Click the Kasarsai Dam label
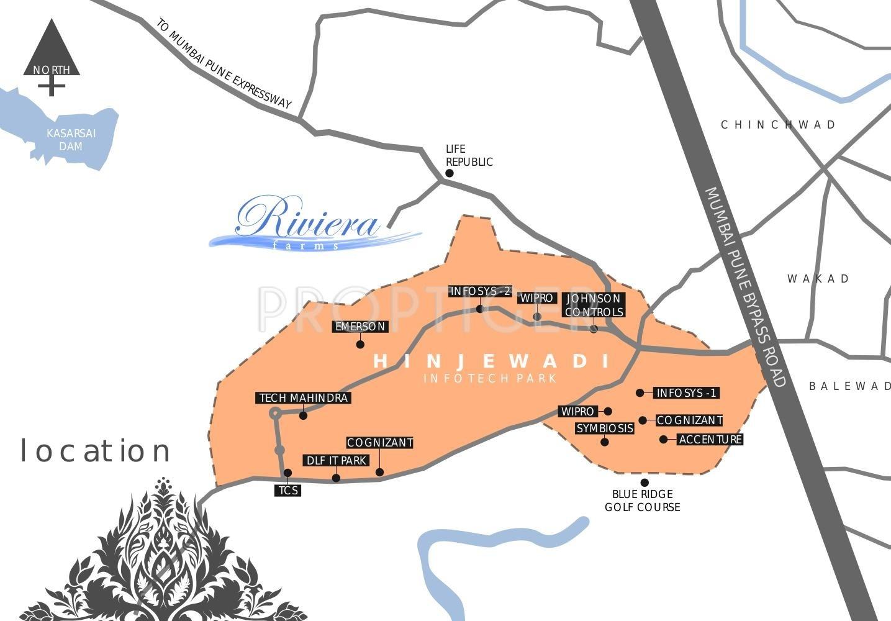(x=71, y=140)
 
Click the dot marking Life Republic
(x=450, y=173)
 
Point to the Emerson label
(x=360, y=327)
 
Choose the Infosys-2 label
(x=481, y=291)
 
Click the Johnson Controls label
(x=594, y=306)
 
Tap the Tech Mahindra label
(x=303, y=398)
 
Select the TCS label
(x=288, y=491)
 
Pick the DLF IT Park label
(x=336, y=461)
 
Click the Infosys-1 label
(x=687, y=393)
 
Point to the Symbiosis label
(x=605, y=428)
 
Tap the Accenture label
(x=710, y=440)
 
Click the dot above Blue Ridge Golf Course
(x=645, y=483)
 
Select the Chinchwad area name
(x=779, y=125)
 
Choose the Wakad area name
(x=818, y=279)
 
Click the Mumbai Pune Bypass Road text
(x=745, y=286)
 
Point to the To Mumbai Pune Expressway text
(x=224, y=64)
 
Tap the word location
(x=96, y=451)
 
